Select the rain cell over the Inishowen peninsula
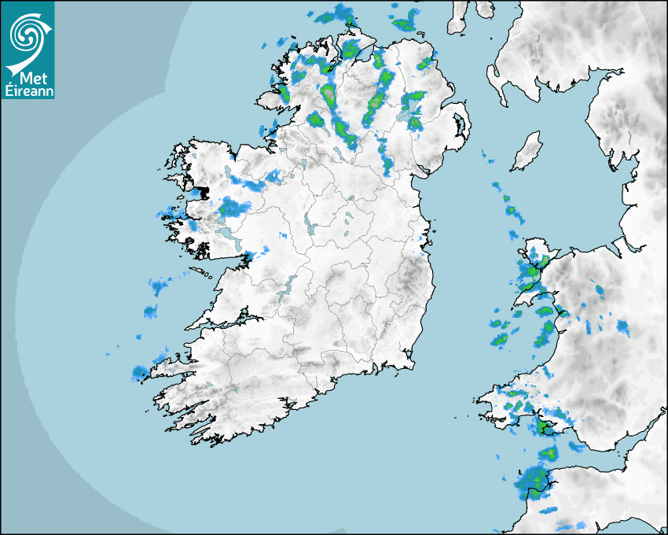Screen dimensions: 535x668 point(349,49)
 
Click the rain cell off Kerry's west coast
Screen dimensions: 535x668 point(140,372)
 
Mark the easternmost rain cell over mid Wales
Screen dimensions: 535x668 point(622,327)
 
